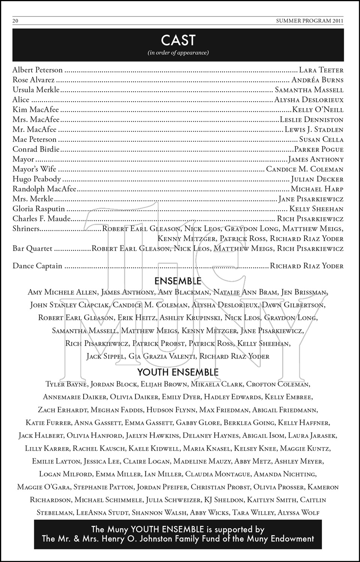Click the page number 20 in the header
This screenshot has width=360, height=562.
click(15, 21)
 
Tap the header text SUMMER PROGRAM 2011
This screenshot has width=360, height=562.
click(310, 21)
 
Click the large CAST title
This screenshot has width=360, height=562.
click(178, 40)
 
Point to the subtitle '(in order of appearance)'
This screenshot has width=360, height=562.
click(178, 53)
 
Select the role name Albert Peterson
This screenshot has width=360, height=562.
click(37, 70)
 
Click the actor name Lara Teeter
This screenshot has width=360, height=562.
click(321, 70)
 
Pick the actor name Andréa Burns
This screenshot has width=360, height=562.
click(317, 80)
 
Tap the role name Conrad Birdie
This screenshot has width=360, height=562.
click(36, 149)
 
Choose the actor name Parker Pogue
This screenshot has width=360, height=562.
click(319, 149)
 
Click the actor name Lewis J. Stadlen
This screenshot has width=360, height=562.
click(314, 130)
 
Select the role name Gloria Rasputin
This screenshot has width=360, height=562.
click(39, 209)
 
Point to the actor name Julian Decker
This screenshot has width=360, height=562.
click(317, 179)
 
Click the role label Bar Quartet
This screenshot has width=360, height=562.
click(32, 249)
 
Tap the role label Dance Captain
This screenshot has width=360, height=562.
click(37, 266)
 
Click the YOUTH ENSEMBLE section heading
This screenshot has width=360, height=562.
click(178, 372)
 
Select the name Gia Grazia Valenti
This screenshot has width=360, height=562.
click(162, 356)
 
